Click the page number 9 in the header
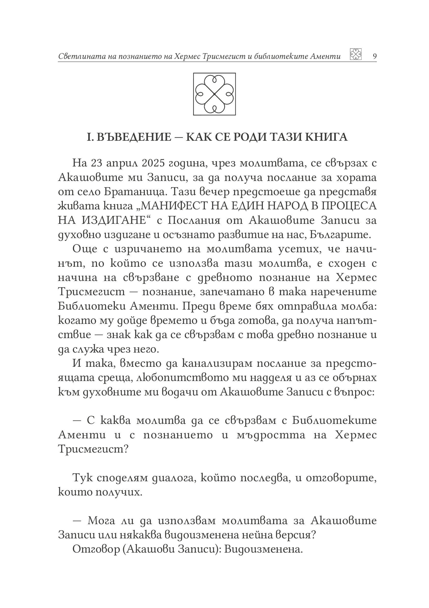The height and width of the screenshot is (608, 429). [x=374, y=56]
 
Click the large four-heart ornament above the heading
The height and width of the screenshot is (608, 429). [x=214, y=94]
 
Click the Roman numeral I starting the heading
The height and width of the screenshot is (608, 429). [x=89, y=137]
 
